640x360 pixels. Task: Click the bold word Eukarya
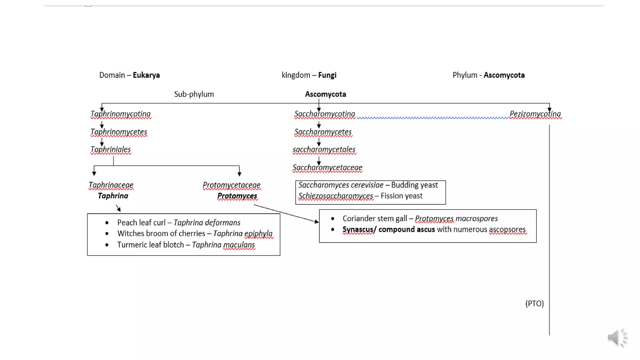point(146,75)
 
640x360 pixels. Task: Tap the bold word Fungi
point(327,75)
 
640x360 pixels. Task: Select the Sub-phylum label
point(194,94)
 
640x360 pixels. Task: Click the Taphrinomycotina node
point(121,114)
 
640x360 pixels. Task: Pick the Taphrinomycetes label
point(119,132)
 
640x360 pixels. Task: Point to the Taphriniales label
point(111,150)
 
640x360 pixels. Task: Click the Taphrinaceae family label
point(111,185)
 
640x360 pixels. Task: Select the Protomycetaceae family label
point(232,185)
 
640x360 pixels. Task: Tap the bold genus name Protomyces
point(237,196)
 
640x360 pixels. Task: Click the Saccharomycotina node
point(325,114)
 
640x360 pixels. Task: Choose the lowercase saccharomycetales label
point(324,150)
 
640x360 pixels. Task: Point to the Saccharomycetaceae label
point(327,168)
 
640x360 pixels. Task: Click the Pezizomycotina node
point(535,114)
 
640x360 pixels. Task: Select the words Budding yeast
point(414,185)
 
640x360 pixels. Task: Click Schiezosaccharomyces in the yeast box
point(336,196)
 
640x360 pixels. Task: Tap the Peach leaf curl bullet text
point(141,223)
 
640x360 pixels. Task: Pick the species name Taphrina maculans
point(223,245)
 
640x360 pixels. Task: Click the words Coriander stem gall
point(375,219)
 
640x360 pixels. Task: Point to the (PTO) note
point(534,303)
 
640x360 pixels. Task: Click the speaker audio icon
point(617,338)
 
